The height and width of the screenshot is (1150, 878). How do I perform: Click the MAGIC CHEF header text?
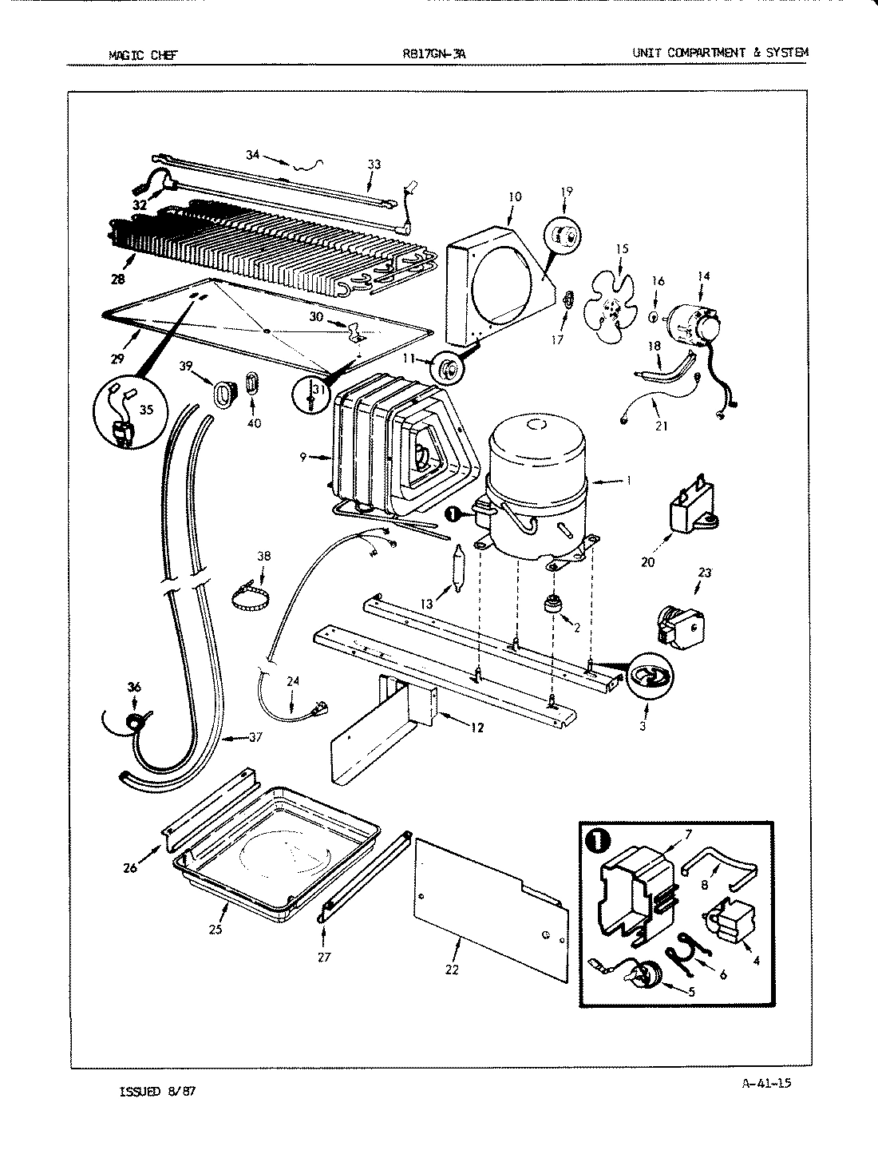coord(143,54)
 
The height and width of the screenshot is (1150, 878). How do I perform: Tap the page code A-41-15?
coord(772,1083)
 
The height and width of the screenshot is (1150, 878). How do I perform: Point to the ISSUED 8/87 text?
coord(152,1091)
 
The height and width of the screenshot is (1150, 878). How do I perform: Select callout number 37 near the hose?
coord(255,737)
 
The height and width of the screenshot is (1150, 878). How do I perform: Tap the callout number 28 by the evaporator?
coord(119,280)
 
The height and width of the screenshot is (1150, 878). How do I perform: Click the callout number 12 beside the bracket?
coord(476,728)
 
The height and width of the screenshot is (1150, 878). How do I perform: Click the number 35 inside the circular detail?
coord(146,412)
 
